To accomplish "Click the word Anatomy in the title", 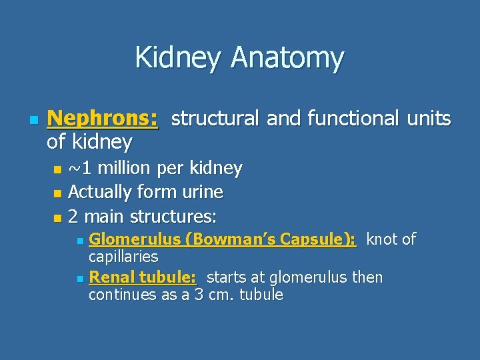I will (x=287, y=58).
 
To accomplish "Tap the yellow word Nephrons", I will (x=103, y=119).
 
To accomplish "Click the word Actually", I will (x=99, y=192).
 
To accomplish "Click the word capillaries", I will (x=123, y=257).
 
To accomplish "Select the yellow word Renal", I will (x=111, y=277).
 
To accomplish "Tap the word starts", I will (x=227, y=277).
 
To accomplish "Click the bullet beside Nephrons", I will (x=31, y=120).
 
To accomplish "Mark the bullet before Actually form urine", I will (x=57, y=193).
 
